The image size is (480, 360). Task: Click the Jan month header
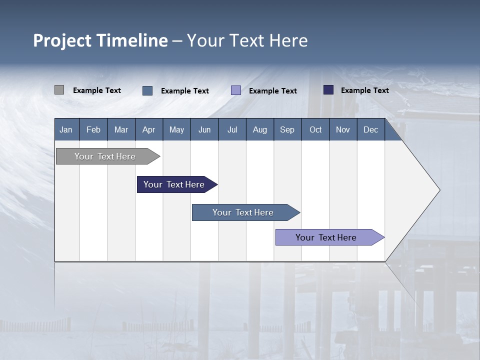pyautogui.click(x=66, y=129)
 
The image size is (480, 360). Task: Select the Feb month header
pyautogui.click(x=93, y=129)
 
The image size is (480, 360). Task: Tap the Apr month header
pyautogui.click(x=148, y=129)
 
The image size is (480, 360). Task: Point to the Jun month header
pyautogui.click(x=204, y=129)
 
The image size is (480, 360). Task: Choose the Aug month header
pyautogui.click(x=259, y=129)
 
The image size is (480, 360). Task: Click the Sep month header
pyautogui.click(x=287, y=129)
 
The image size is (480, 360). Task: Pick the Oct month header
pyautogui.click(x=315, y=129)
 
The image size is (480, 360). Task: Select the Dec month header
pyautogui.click(x=370, y=129)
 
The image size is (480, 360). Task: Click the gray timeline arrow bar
pyautogui.click(x=105, y=156)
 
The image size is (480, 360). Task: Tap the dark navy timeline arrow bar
pyautogui.click(x=174, y=184)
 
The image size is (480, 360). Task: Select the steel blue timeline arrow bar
pyautogui.click(x=243, y=212)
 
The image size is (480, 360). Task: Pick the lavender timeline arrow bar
pyautogui.click(x=326, y=237)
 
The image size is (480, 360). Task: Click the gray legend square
pyautogui.click(x=59, y=90)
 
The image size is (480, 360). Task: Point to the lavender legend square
pyautogui.click(x=236, y=90)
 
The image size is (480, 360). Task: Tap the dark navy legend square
pyautogui.click(x=328, y=90)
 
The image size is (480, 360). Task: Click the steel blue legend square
pyautogui.click(x=147, y=90)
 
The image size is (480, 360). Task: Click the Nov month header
pyautogui.click(x=342, y=129)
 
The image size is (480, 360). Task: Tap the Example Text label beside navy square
pyautogui.click(x=364, y=90)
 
